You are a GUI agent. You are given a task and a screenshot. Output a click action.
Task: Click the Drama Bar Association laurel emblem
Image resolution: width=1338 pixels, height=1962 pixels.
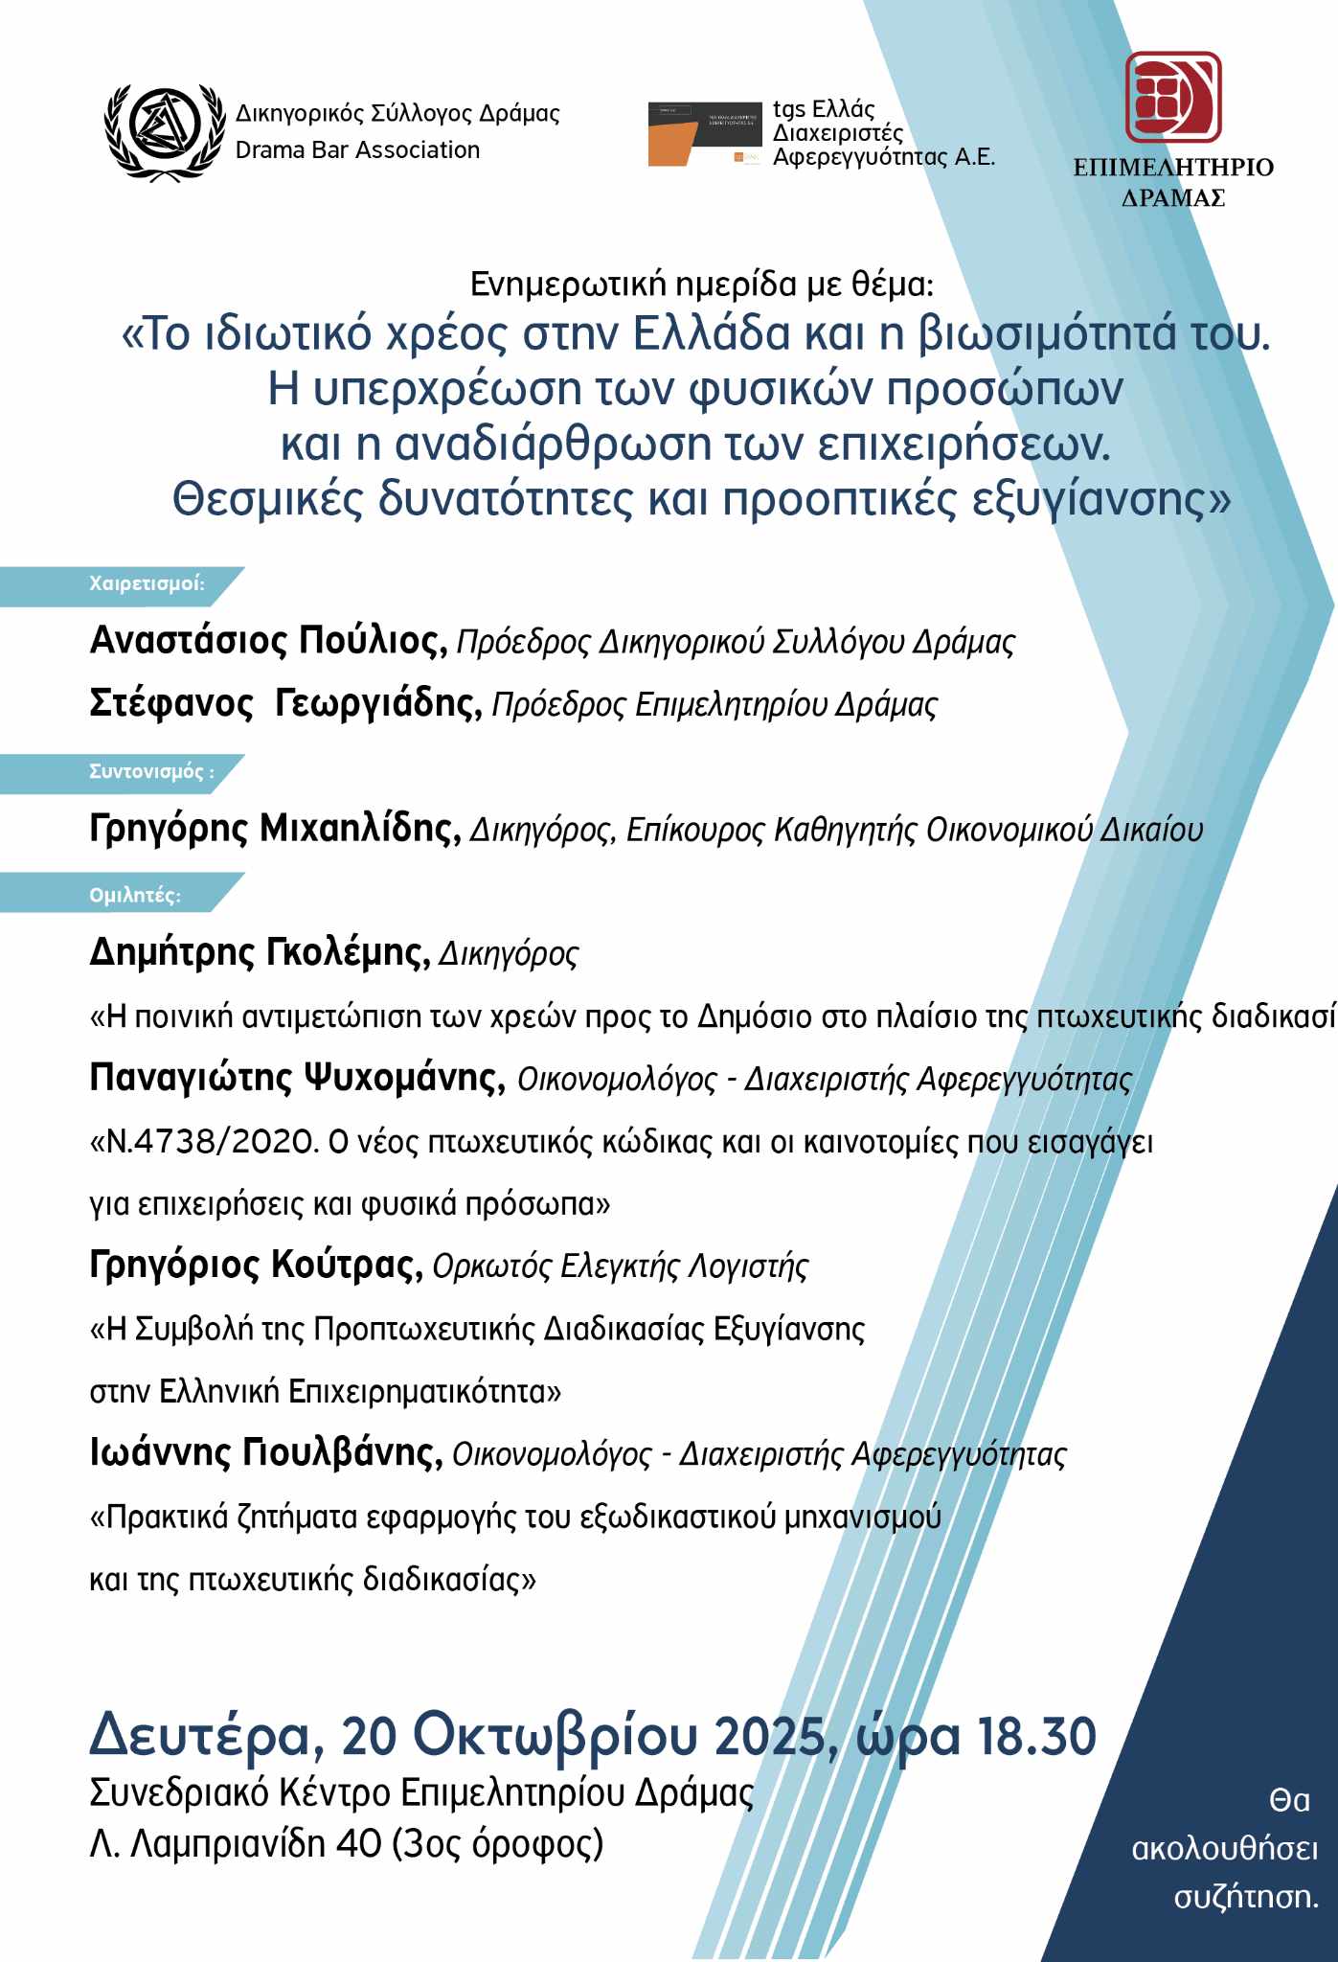click(x=161, y=131)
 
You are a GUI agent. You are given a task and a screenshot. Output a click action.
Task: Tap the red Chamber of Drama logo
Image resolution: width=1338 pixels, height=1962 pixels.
click(x=1172, y=98)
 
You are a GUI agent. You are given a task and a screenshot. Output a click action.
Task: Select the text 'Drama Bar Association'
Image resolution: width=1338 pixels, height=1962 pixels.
click(x=357, y=150)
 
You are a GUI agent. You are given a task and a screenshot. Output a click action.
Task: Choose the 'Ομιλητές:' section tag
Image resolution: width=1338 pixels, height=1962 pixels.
click(x=135, y=895)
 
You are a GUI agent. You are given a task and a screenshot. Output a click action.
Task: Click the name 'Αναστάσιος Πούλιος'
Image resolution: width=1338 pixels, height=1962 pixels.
click(x=267, y=641)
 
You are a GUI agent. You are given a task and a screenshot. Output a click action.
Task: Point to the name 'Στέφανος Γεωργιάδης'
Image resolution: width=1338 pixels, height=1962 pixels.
click(x=284, y=704)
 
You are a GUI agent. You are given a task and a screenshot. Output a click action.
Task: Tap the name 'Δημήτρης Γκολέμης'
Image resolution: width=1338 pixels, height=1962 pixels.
click(x=259, y=953)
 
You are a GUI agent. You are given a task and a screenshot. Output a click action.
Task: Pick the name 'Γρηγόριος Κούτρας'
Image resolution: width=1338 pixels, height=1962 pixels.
click(x=256, y=1266)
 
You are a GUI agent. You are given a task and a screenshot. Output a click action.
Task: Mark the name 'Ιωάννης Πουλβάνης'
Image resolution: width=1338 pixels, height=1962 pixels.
click(x=265, y=1453)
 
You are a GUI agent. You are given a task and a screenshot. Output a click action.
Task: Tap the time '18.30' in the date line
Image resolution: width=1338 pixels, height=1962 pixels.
click(x=1035, y=1736)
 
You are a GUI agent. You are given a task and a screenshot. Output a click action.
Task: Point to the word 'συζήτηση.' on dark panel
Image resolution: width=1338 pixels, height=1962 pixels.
click(x=1246, y=1897)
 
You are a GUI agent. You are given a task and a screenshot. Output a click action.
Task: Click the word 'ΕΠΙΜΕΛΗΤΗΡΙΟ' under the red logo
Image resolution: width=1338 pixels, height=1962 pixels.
click(x=1172, y=168)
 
